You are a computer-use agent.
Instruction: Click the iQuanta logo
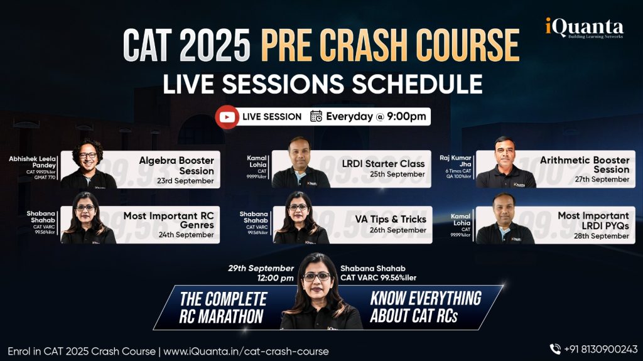(583, 29)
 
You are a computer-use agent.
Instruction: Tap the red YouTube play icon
(226, 117)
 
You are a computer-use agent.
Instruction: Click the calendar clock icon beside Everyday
(316, 117)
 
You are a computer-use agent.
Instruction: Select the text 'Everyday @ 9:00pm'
(376, 117)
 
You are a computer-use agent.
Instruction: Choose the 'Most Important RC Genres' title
(168, 220)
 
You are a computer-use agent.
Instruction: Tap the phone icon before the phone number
(555, 349)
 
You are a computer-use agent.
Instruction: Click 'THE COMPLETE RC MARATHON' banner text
(222, 307)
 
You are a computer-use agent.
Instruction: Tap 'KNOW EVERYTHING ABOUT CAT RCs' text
(425, 306)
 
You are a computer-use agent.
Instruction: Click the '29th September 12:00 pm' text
(261, 273)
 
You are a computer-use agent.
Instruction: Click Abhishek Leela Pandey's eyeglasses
(88, 154)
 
